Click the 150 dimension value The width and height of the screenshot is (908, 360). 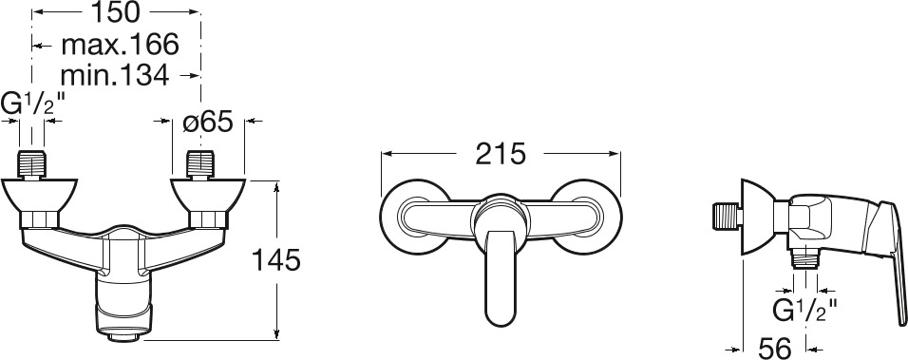coord(116,12)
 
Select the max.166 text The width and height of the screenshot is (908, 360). coord(120,45)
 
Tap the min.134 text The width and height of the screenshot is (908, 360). coord(115,75)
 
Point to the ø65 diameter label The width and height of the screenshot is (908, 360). coord(207,122)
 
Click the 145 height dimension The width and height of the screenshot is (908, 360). coord(275,260)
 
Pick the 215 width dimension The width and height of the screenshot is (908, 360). coord(501,154)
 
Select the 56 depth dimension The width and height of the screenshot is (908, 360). coord(774,349)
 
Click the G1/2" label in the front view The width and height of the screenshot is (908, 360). coord(32,104)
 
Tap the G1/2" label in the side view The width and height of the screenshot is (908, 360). coord(805,311)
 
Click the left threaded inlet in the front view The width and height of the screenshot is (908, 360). coord(32,164)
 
